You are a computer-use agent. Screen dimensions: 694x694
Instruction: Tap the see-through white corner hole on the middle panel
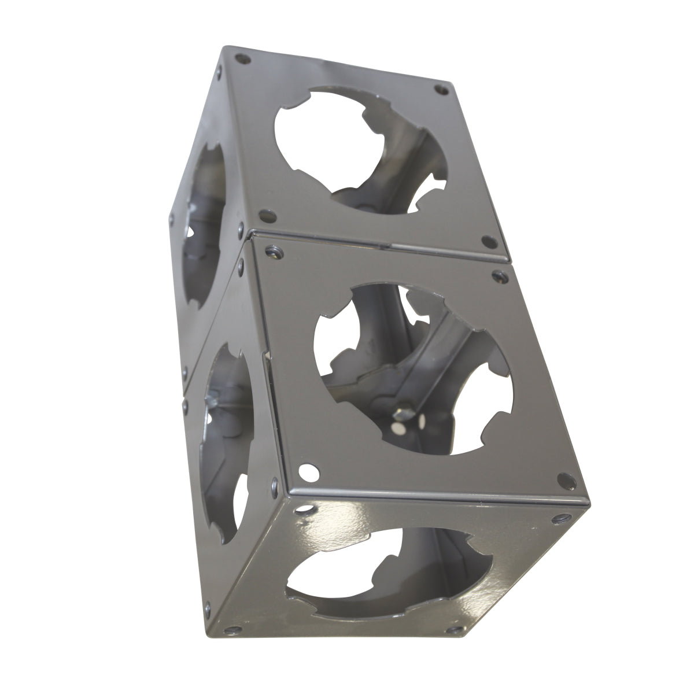point(307,472)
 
